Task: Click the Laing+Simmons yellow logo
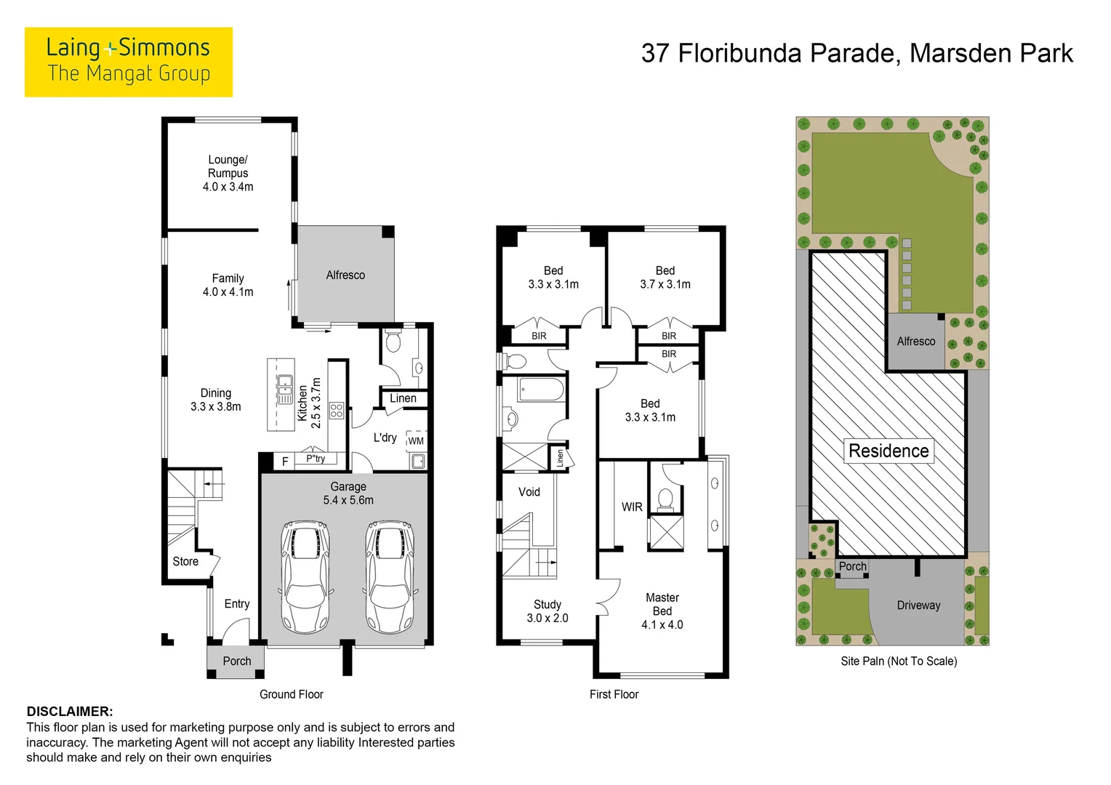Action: click(129, 62)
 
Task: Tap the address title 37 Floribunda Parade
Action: click(771, 54)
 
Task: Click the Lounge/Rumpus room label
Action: click(228, 173)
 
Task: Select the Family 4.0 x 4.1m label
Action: click(228, 285)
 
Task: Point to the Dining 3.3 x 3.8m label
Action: click(216, 400)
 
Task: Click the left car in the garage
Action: click(305, 576)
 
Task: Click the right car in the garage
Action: click(390, 576)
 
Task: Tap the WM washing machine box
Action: click(416, 441)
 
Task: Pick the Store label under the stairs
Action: click(185, 561)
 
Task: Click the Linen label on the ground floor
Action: click(403, 398)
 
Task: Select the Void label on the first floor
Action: click(529, 492)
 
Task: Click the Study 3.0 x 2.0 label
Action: click(548, 611)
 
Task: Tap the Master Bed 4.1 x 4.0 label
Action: click(662, 611)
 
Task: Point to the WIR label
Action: click(632, 507)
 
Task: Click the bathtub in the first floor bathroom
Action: click(541, 390)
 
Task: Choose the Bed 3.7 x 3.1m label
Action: click(665, 277)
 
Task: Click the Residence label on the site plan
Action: click(889, 451)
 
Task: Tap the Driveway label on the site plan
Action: click(918, 605)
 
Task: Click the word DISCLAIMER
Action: click(70, 712)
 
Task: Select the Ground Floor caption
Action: click(291, 694)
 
